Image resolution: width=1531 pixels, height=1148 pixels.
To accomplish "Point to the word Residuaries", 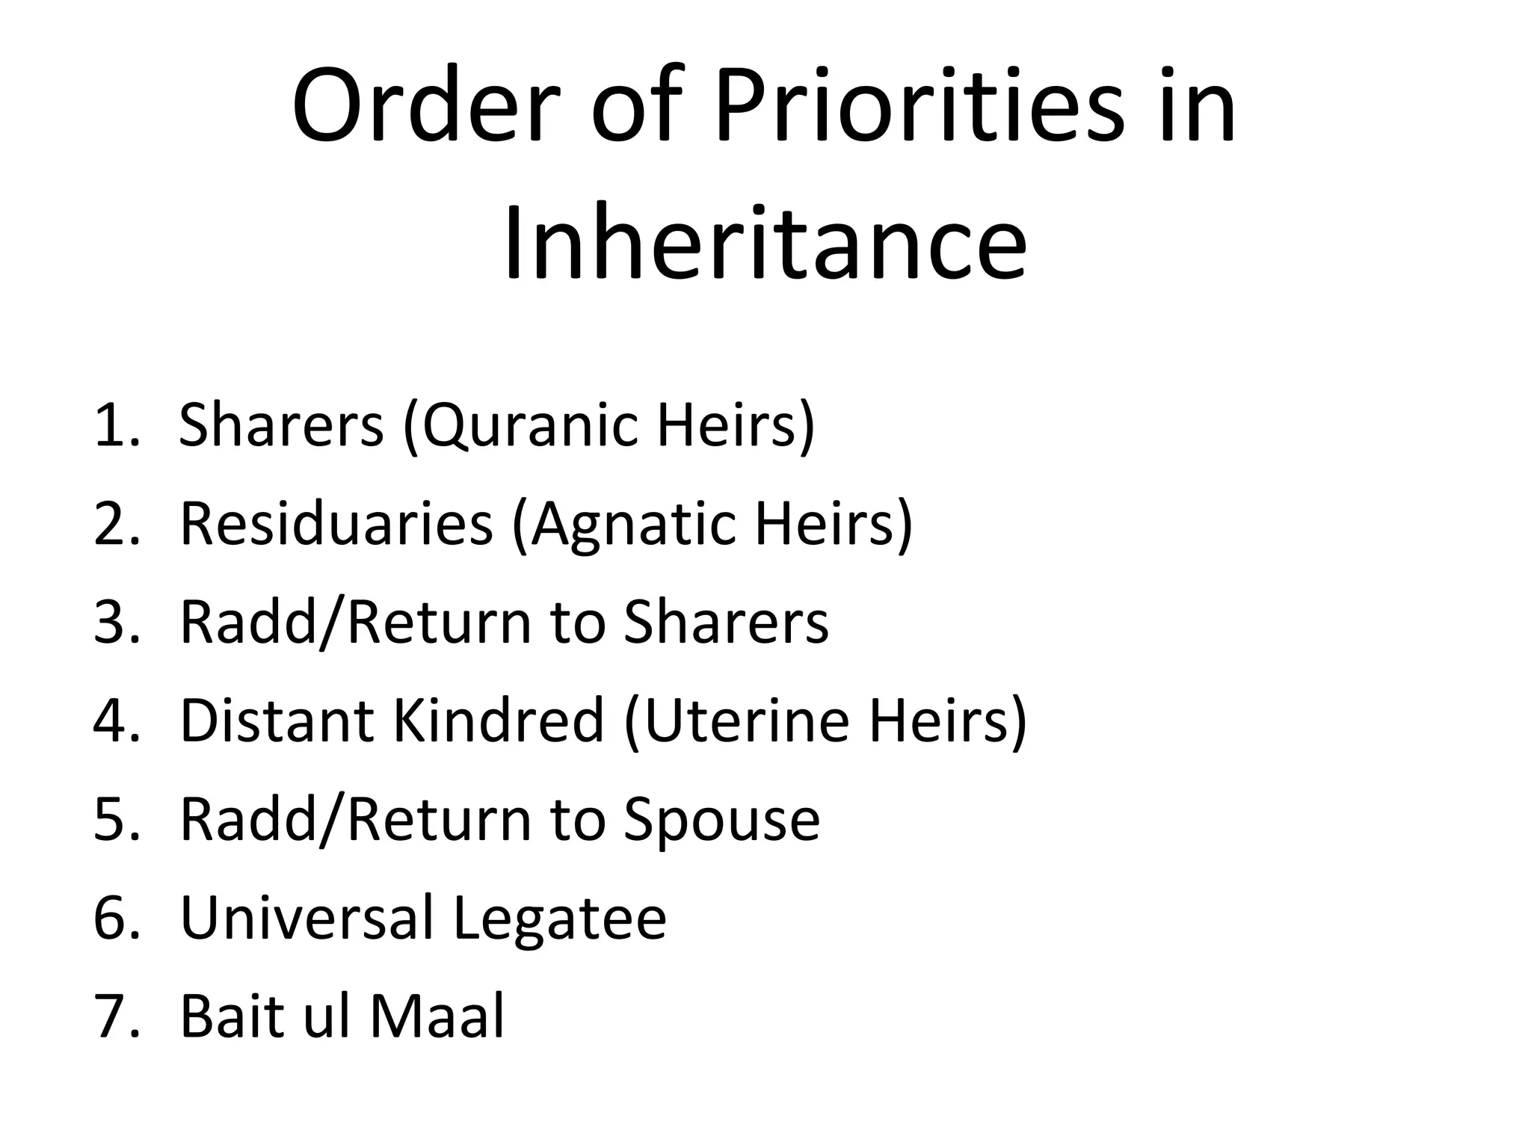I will tap(336, 524).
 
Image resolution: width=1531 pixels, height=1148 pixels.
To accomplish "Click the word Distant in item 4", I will tap(277, 720).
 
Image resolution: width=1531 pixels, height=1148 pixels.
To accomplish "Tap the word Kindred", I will tap(498, 720).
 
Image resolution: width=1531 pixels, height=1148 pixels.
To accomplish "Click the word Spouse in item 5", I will tap(721, 821).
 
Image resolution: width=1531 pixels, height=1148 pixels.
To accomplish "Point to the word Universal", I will tap(307, 918).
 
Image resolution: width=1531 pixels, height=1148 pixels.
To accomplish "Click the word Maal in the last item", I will tap(437, 1016).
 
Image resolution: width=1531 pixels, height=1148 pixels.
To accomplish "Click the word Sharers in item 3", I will tap(726, 623).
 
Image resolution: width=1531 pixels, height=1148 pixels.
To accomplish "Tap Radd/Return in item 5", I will tap(356, 821).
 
